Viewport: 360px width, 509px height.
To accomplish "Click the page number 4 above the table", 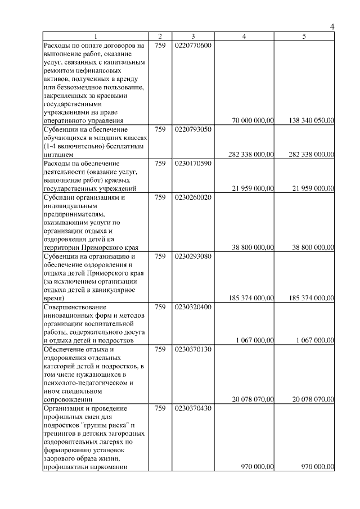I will [x=332, y=27].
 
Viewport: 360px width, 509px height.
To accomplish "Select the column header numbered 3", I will [x=192, y=37].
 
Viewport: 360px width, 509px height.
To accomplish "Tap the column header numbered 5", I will [x=304, y=37].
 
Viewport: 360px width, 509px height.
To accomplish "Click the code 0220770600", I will [x=192, y=45].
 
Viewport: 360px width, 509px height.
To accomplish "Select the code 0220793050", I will [x=192, y=129].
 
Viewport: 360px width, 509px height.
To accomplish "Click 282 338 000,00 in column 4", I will [x=251, y=154].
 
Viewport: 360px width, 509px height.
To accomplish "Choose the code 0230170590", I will [x=192, y=163].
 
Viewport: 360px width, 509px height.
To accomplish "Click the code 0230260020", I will [x=192, y=197].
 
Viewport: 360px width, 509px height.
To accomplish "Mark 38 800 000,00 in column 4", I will [x=253, y=247].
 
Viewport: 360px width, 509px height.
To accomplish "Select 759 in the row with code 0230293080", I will [x=160, y=256].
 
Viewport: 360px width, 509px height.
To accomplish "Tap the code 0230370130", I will [x=192, y=349].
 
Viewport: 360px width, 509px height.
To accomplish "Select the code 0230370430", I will [x=192, y=408].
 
